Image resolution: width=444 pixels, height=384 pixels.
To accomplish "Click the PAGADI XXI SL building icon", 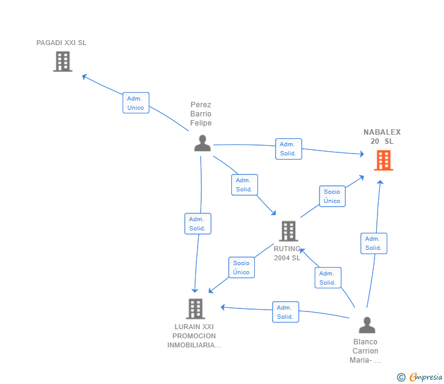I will point(62,62).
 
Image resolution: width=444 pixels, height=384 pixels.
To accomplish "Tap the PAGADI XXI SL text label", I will point(62,43).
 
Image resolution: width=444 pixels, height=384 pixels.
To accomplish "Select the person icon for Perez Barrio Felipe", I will point(202,143).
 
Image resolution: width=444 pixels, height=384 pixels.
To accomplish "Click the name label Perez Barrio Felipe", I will point(201,114).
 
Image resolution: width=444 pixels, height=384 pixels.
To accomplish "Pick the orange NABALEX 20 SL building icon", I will point(383,160).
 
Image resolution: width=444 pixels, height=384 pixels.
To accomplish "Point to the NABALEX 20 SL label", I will point(382,137).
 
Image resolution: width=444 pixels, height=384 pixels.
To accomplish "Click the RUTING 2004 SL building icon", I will point(288,231).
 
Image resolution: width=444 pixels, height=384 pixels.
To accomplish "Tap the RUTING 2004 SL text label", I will point(287,253).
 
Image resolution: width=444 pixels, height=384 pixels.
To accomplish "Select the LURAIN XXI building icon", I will point(195,309).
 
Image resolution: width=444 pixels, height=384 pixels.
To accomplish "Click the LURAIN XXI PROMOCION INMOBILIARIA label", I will point(194,336).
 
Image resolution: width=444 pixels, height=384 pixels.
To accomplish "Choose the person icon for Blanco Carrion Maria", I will point(367,325).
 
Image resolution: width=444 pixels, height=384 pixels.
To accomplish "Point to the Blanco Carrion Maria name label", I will point(365,350).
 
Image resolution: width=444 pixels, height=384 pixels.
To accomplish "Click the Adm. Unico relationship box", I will point(135,103).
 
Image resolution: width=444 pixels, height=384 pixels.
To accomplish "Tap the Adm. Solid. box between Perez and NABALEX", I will point(288,149).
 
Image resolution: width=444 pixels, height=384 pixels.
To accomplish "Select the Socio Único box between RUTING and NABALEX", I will point(332,196).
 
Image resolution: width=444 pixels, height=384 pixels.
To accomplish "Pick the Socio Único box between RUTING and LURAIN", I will point(241,268).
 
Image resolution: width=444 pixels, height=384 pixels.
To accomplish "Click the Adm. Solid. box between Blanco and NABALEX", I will point(373,243).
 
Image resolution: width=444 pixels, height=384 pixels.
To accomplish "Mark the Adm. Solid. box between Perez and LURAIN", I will point(197,224).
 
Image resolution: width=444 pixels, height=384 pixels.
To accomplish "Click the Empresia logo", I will point(420,377).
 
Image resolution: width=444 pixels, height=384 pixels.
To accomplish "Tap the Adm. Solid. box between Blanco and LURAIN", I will point(285,312).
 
